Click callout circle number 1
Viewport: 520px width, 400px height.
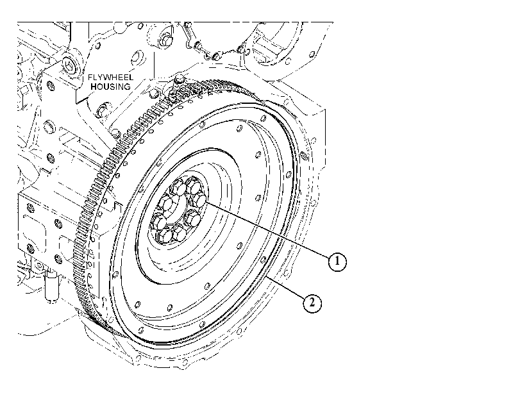pos(337,262)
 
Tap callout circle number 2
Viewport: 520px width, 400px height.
pos(312,303)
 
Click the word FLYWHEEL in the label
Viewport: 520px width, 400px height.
pos(110,78)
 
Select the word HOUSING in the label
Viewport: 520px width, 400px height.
pos(110,87)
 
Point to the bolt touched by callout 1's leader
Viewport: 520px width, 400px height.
pos(199,201)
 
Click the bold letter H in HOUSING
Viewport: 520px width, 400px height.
pos(93,87)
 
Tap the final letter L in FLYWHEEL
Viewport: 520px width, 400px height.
pos(131,78)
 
